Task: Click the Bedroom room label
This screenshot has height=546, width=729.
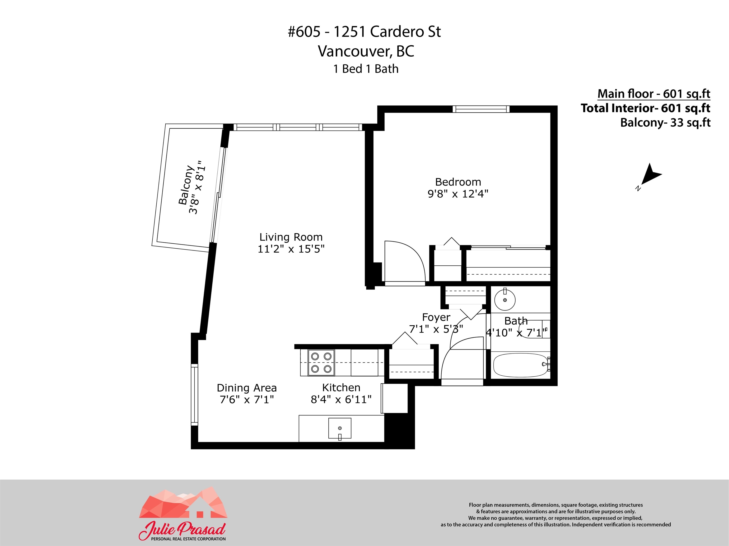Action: pos(458,182)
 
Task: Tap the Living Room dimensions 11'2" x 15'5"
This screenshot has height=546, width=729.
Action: pos(291,249)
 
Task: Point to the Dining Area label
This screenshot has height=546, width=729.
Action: pos(247,388)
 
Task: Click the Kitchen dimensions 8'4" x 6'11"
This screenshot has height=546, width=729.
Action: pos(341,399)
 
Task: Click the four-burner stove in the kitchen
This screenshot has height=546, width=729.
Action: pos(321,362)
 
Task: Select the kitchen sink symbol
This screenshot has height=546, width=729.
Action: pos(340,428)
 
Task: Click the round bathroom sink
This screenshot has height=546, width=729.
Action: pos(505,300)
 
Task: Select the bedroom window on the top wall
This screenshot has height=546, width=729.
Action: pos(481,109)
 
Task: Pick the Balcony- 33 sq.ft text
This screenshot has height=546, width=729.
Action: pos(665,123)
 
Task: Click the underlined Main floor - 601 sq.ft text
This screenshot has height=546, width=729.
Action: pos(654,94)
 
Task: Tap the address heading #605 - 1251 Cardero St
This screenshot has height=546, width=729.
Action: pos(364,32)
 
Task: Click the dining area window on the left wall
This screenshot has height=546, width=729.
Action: pos(194,395)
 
